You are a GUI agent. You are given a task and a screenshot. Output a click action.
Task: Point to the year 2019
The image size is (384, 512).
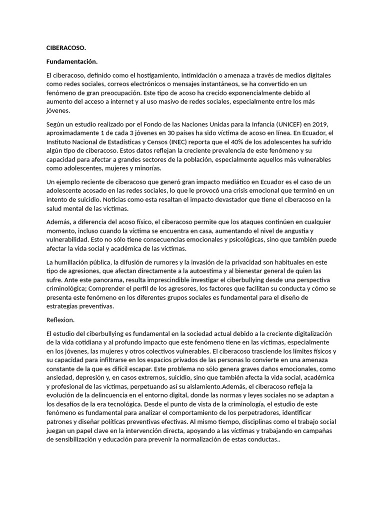point(320,124)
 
